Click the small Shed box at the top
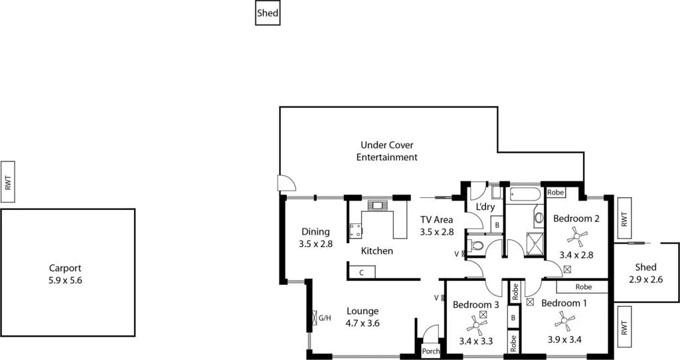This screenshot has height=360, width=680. (x=268, y=13)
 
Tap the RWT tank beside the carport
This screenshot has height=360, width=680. (x=8, y=181)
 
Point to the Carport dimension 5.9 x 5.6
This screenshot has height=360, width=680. (x=65, y=280)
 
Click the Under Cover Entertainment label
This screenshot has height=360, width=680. (x=386, y=151)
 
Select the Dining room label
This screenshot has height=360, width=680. (x=315, y=232)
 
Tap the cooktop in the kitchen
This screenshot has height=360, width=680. (x=356, y=230)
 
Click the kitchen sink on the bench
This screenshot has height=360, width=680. (x=377, y=205)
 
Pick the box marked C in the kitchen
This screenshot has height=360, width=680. (x=362, y=272)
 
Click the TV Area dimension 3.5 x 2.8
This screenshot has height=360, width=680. (x=436, y=232)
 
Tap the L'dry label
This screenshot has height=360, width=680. (x=485, y=207)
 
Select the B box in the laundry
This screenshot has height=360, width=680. (x=496, y=225)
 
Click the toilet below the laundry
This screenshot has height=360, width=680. (x=475, y=246)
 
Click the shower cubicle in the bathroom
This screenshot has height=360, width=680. (x=534, y=244)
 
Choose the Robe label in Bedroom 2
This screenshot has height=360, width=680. (x=556, y=193)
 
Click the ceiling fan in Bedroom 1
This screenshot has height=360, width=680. (x=564, y=323)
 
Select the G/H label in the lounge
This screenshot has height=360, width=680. (x=325, y=318)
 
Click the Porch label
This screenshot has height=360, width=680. (x=430, y=351)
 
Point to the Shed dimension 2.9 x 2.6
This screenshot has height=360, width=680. (x=645, y=280)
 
